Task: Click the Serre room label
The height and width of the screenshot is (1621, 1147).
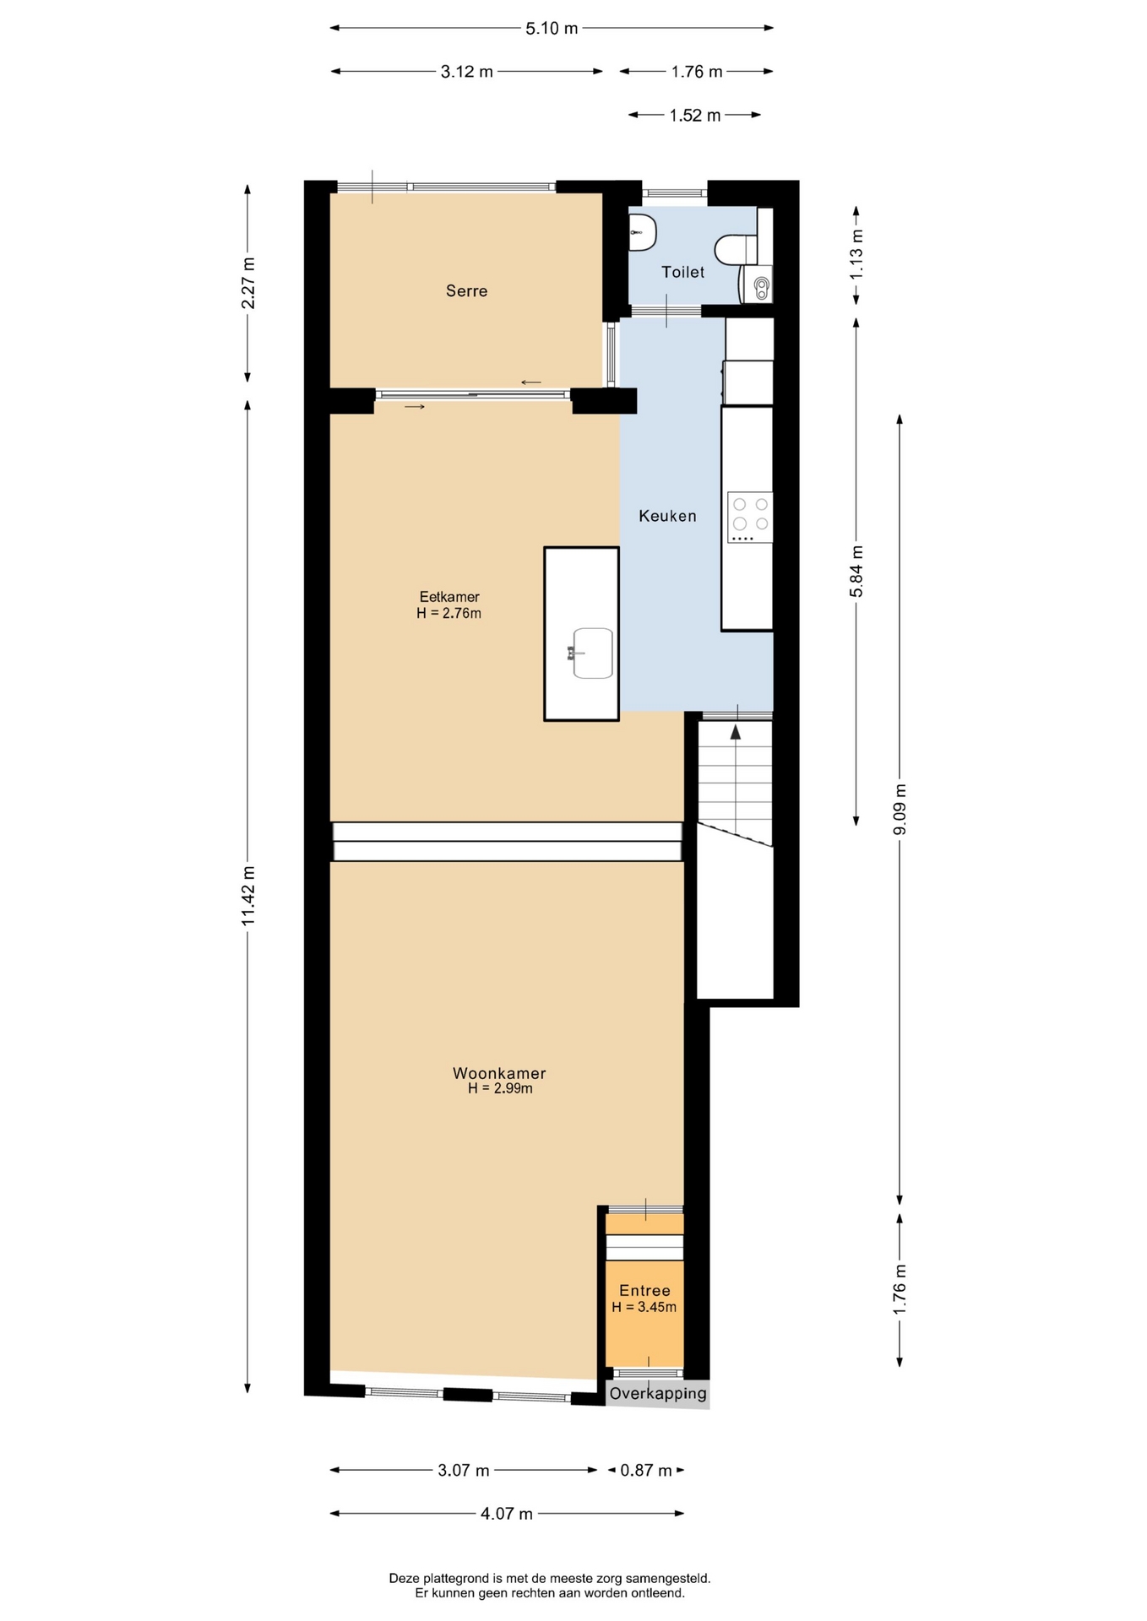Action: point(466,291)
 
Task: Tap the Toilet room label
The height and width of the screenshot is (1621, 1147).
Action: point(682,272)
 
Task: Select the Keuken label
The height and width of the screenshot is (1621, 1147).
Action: point(667,516)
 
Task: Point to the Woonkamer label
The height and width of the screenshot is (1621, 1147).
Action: point(499,1073)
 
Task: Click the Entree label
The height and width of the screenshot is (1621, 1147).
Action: point(644,1290)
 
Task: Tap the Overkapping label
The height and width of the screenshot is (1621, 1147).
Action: point(658,1393)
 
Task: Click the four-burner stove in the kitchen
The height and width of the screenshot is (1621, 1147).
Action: point(750,517)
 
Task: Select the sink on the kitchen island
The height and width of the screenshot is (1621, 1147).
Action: point(592,653)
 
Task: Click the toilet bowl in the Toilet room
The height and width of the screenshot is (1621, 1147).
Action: point(736,250)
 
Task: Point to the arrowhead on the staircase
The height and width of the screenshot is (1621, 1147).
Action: point(736,732)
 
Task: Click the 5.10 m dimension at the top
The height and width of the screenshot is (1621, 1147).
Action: point(552,29)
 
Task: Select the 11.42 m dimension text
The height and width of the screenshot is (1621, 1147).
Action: point(247,895)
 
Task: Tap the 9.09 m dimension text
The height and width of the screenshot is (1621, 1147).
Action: point(900,809)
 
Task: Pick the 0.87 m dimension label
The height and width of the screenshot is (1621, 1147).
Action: point(646,1471)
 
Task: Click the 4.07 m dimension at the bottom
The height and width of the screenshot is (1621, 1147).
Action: point(507,1514)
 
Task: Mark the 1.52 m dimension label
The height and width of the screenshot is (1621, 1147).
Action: point(695,116)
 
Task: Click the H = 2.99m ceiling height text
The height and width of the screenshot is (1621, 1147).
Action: point(501,1089)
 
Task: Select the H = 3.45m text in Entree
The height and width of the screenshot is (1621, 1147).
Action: point(644,1308)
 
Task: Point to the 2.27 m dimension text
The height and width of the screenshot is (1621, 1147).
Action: point(247,283)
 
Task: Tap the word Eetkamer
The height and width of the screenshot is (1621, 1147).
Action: point(449,597)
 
